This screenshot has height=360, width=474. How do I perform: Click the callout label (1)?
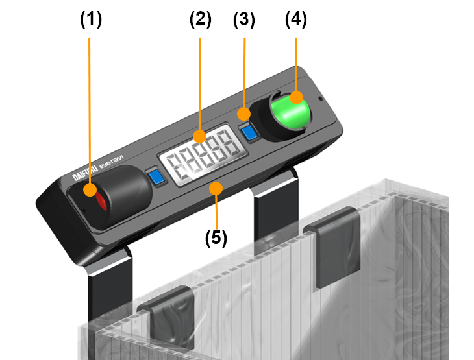coord(91,19)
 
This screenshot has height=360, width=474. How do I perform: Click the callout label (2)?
coord(201,19)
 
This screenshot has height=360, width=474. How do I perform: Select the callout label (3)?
coord(244,20)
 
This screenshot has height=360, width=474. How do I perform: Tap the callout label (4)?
coord(296,19)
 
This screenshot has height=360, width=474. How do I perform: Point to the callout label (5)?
coord(216,238)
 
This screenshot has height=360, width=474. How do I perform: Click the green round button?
coord(291,111)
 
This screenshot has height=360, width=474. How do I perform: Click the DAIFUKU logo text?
coord(85,172)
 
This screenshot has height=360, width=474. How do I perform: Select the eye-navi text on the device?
coord(111,162)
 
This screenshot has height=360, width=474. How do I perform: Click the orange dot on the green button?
coord(296,97)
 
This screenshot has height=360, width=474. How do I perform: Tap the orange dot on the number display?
coord(200,136)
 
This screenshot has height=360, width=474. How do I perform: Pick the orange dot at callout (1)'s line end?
coord(90,189)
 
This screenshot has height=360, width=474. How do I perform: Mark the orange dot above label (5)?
coord(216,189)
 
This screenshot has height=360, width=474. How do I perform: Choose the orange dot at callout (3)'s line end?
coord(243,114)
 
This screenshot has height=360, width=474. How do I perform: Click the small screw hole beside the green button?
coord(321,99)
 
